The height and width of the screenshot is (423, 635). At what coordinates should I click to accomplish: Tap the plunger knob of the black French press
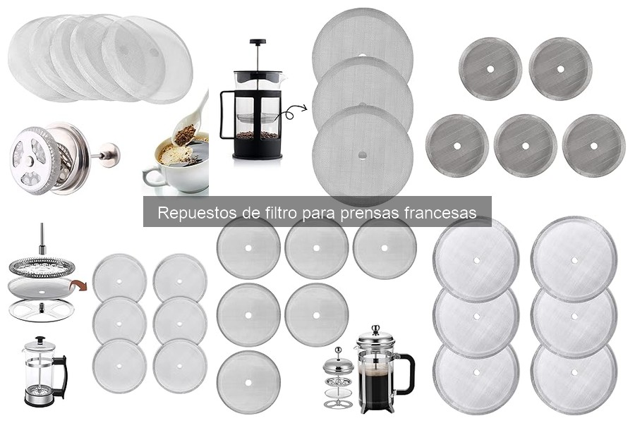point(257,42)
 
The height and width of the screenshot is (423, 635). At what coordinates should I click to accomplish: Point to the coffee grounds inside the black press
point(256,134)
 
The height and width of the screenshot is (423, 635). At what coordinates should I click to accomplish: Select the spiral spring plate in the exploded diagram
point(42,266)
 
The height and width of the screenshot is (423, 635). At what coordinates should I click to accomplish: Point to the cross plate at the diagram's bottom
point(42,309)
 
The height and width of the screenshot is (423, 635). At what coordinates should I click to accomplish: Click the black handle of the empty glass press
point(61,374)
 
